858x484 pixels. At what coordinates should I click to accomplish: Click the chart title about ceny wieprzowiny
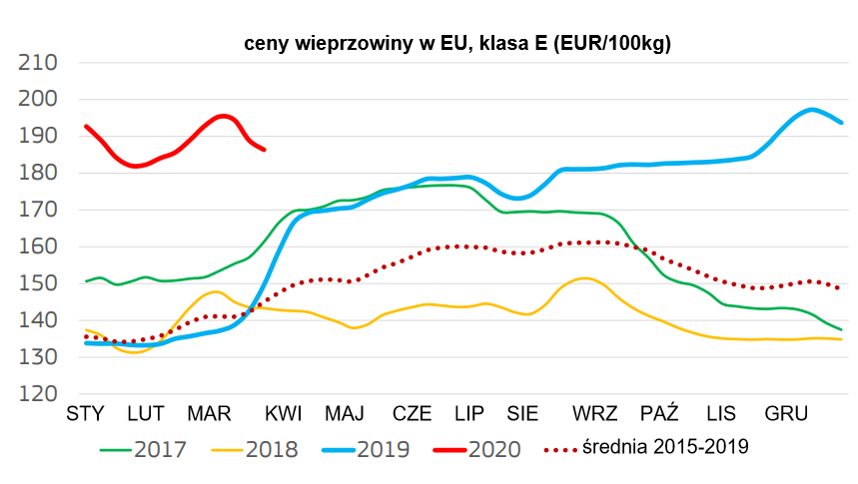click(x=457, y=45)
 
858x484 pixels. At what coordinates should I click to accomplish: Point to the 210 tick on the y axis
click(x=39, y=63)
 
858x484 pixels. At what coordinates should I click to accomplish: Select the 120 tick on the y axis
click(x=39, y=394)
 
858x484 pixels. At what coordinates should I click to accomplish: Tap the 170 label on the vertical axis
click(x=39, y=211)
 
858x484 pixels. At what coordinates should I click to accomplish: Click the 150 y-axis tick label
click(x=39, y=284)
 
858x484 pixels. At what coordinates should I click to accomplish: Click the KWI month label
click(x=284, y=413)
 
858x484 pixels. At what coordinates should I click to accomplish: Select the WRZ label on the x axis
click(x=595, y=413)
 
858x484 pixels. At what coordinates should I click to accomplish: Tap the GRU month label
click(x=786, y=413)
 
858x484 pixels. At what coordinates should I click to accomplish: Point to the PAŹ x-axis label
click(x=659, y=413)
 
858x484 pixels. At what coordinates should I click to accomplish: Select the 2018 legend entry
click(x=255, y=449)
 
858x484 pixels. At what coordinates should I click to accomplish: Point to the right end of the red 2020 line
click(x=264, y=150)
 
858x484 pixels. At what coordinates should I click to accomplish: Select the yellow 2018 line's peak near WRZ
click(x=585, y=278)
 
